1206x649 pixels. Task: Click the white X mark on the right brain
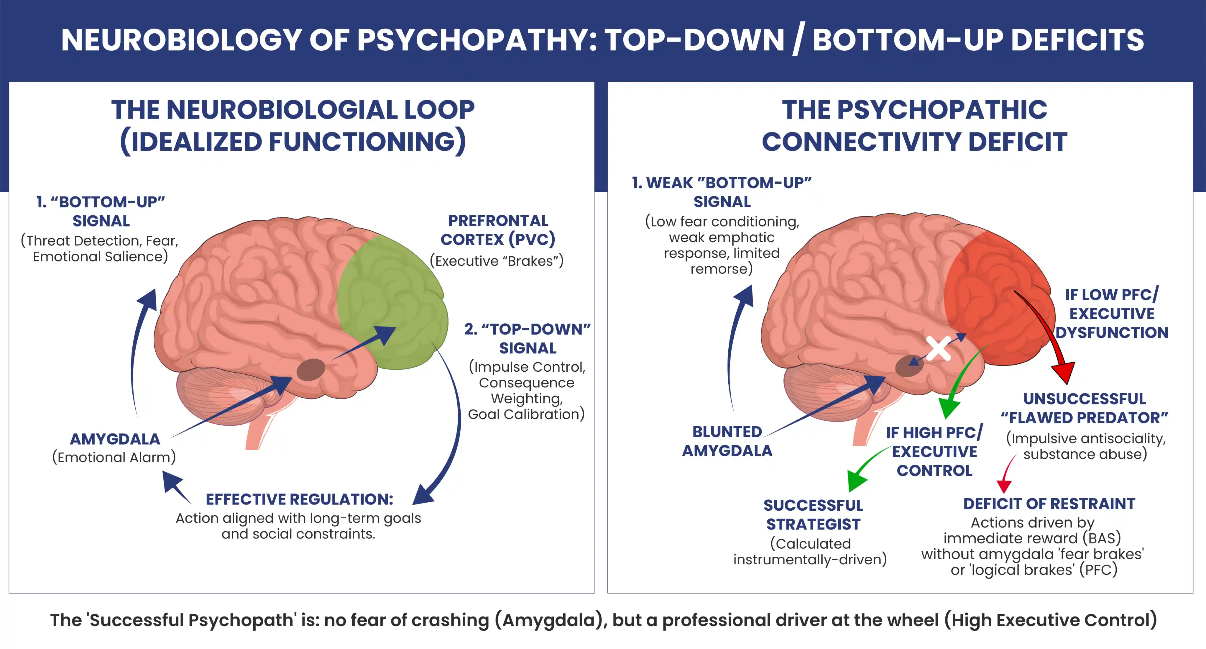pos(938,349)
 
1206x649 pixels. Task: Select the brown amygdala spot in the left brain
pos(311,369)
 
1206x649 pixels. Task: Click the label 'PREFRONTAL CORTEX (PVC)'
pos(498,230)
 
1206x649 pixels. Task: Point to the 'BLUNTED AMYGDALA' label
pos(727,441)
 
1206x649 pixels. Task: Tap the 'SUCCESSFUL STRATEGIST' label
pos(813,514)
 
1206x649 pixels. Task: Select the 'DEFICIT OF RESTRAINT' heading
pos(1049,504)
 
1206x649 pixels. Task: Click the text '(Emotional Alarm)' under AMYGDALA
pos(114,457)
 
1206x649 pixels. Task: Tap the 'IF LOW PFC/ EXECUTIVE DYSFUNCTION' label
pos(1112,313)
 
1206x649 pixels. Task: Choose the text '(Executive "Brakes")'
pos(497,261)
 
